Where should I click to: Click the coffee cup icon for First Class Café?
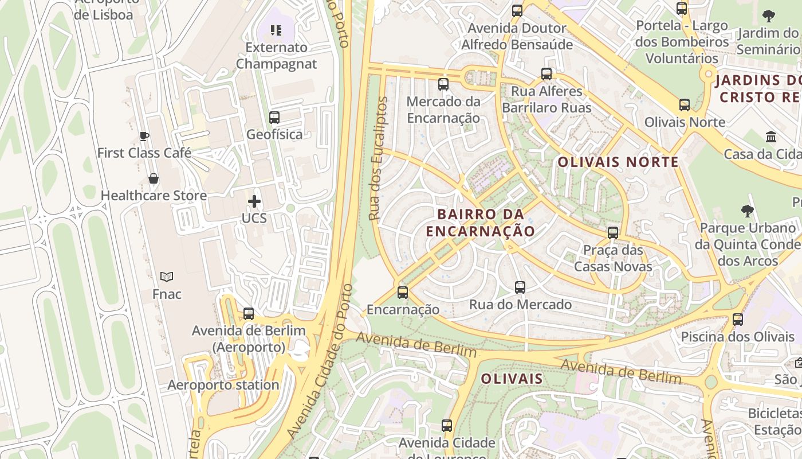144,136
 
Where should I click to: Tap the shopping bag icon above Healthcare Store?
154,178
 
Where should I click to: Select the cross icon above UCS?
254,201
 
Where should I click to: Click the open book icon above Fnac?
167,277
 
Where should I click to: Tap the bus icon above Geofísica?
274,118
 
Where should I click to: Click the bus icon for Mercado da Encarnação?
443,84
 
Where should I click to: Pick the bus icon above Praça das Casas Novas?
613,233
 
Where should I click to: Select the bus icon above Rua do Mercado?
520,287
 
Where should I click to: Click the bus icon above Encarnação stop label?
403,293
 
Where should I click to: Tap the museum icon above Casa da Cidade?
771,137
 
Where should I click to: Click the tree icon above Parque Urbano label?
747,211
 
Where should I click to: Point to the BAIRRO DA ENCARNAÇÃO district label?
481,223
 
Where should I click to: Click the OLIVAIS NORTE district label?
618,162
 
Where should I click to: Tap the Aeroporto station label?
223,385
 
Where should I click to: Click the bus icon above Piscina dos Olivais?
738,320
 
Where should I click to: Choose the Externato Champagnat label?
276,55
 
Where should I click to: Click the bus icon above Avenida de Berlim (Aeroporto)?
249,314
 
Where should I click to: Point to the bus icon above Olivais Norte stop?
685,105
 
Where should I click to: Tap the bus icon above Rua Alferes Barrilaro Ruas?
547,74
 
